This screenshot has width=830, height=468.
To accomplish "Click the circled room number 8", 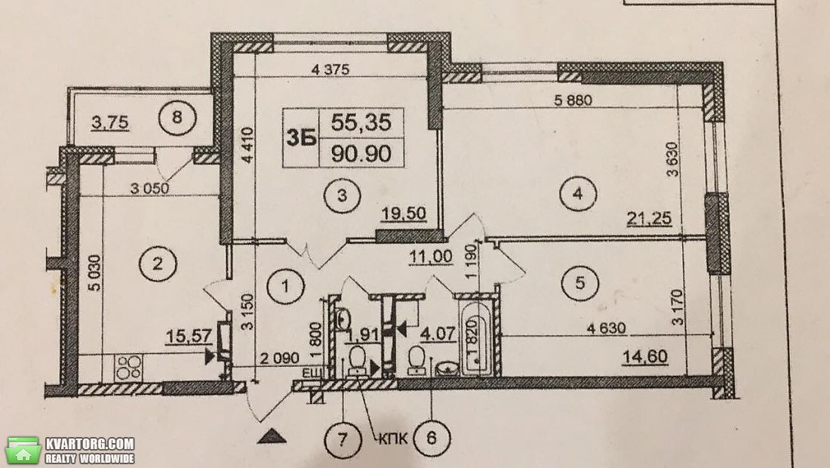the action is click(177, 117).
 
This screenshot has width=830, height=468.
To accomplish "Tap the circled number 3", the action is click(342, 196).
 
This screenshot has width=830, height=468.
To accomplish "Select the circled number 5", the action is click(580, 283).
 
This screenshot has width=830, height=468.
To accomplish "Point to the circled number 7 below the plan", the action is click(343, 439).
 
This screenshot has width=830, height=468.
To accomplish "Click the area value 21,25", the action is click(649, 217).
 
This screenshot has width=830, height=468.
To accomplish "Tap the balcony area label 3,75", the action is click(110, 123).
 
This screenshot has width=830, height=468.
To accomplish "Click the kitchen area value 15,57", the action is click(189, 336).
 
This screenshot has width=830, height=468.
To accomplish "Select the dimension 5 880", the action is click(573, 100).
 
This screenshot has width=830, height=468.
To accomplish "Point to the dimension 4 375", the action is click(330, 69).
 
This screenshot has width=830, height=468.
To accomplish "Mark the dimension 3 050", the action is click(150, 188).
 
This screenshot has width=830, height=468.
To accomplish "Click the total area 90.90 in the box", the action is click(361, 153).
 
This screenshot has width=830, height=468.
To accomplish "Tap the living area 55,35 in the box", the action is click(361, 123).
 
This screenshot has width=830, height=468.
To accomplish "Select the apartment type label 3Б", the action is click(301, 137).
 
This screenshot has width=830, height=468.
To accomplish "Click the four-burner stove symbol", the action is click(128, 367).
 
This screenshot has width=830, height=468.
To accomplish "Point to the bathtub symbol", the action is click(476, 338).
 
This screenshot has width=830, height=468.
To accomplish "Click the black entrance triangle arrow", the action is click(272, 436).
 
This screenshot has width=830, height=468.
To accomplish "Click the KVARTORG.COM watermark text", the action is click(90, 444).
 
